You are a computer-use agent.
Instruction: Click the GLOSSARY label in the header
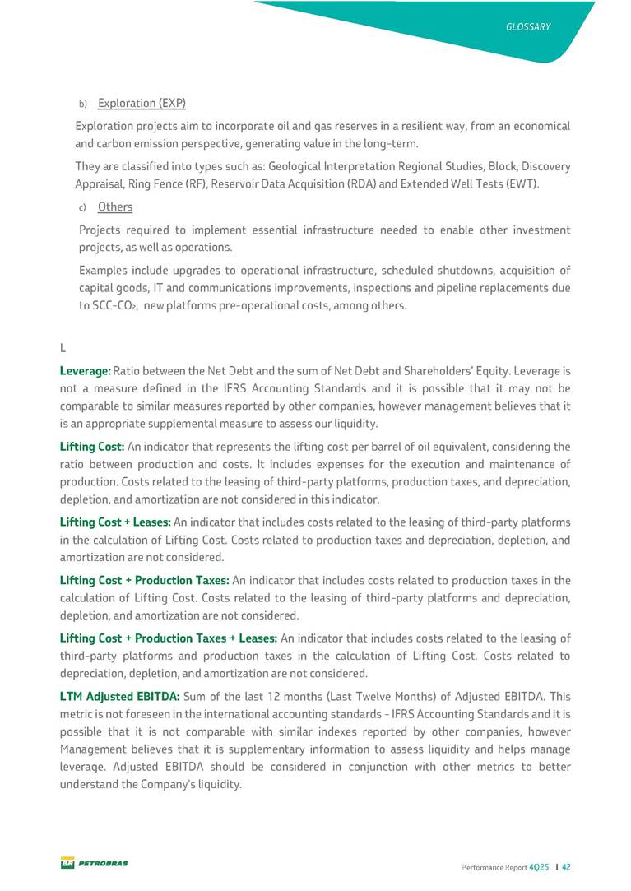[x=528, y=27]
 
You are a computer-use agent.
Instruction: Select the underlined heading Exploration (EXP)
[x=142, y=103]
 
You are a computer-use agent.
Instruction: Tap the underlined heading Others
[x=115, y=207]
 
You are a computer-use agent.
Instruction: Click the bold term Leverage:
[x=86, y=371]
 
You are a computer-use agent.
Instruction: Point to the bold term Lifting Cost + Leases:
[x=115, y=522]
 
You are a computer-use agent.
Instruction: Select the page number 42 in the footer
[x=567, y=866]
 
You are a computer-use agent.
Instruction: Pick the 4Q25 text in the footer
[x=539, y=866]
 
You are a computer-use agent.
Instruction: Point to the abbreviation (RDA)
[x=355, y=183]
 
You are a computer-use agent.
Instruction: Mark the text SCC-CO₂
[x=105, y=305]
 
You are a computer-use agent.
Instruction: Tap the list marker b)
[x=82, y=104]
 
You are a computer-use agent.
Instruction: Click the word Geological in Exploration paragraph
[x=297, y=166]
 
